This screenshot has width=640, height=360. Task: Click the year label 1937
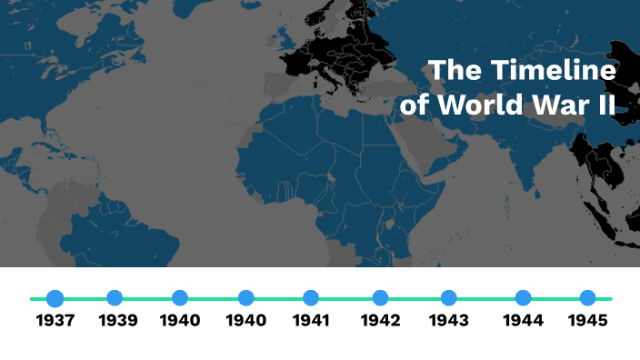tap(55, 320)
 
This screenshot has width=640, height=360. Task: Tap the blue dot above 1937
tap(55, 298)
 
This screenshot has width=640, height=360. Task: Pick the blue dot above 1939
tap(115, 298)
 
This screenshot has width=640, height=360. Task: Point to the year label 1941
tap(311, 320)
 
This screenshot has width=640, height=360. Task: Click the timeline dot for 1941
tap(311, 298)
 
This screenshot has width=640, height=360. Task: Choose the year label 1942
tap(380, 320)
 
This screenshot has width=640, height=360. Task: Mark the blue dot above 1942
tap(380, 298)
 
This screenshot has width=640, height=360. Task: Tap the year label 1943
tap(448, 320)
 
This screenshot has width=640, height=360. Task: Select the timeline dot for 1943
tap(448, 298)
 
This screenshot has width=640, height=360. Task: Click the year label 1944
tap(523, 320)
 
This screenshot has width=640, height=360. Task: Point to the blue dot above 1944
tap(523, 298)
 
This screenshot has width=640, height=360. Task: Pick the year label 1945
tap(587, 320)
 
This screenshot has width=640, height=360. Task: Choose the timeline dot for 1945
tap(587, 298)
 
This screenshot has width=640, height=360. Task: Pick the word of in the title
tap(415, 105)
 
